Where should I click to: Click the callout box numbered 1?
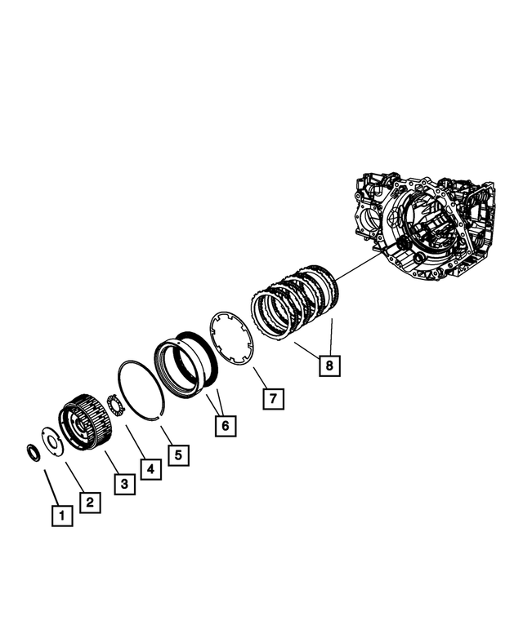tap(62, 515)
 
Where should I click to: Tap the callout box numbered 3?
tap(123, 484)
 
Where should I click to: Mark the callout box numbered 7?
tap(274, 398)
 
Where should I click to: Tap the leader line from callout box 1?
tap(51, 487)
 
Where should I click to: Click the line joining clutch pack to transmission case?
tap(360, 265)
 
